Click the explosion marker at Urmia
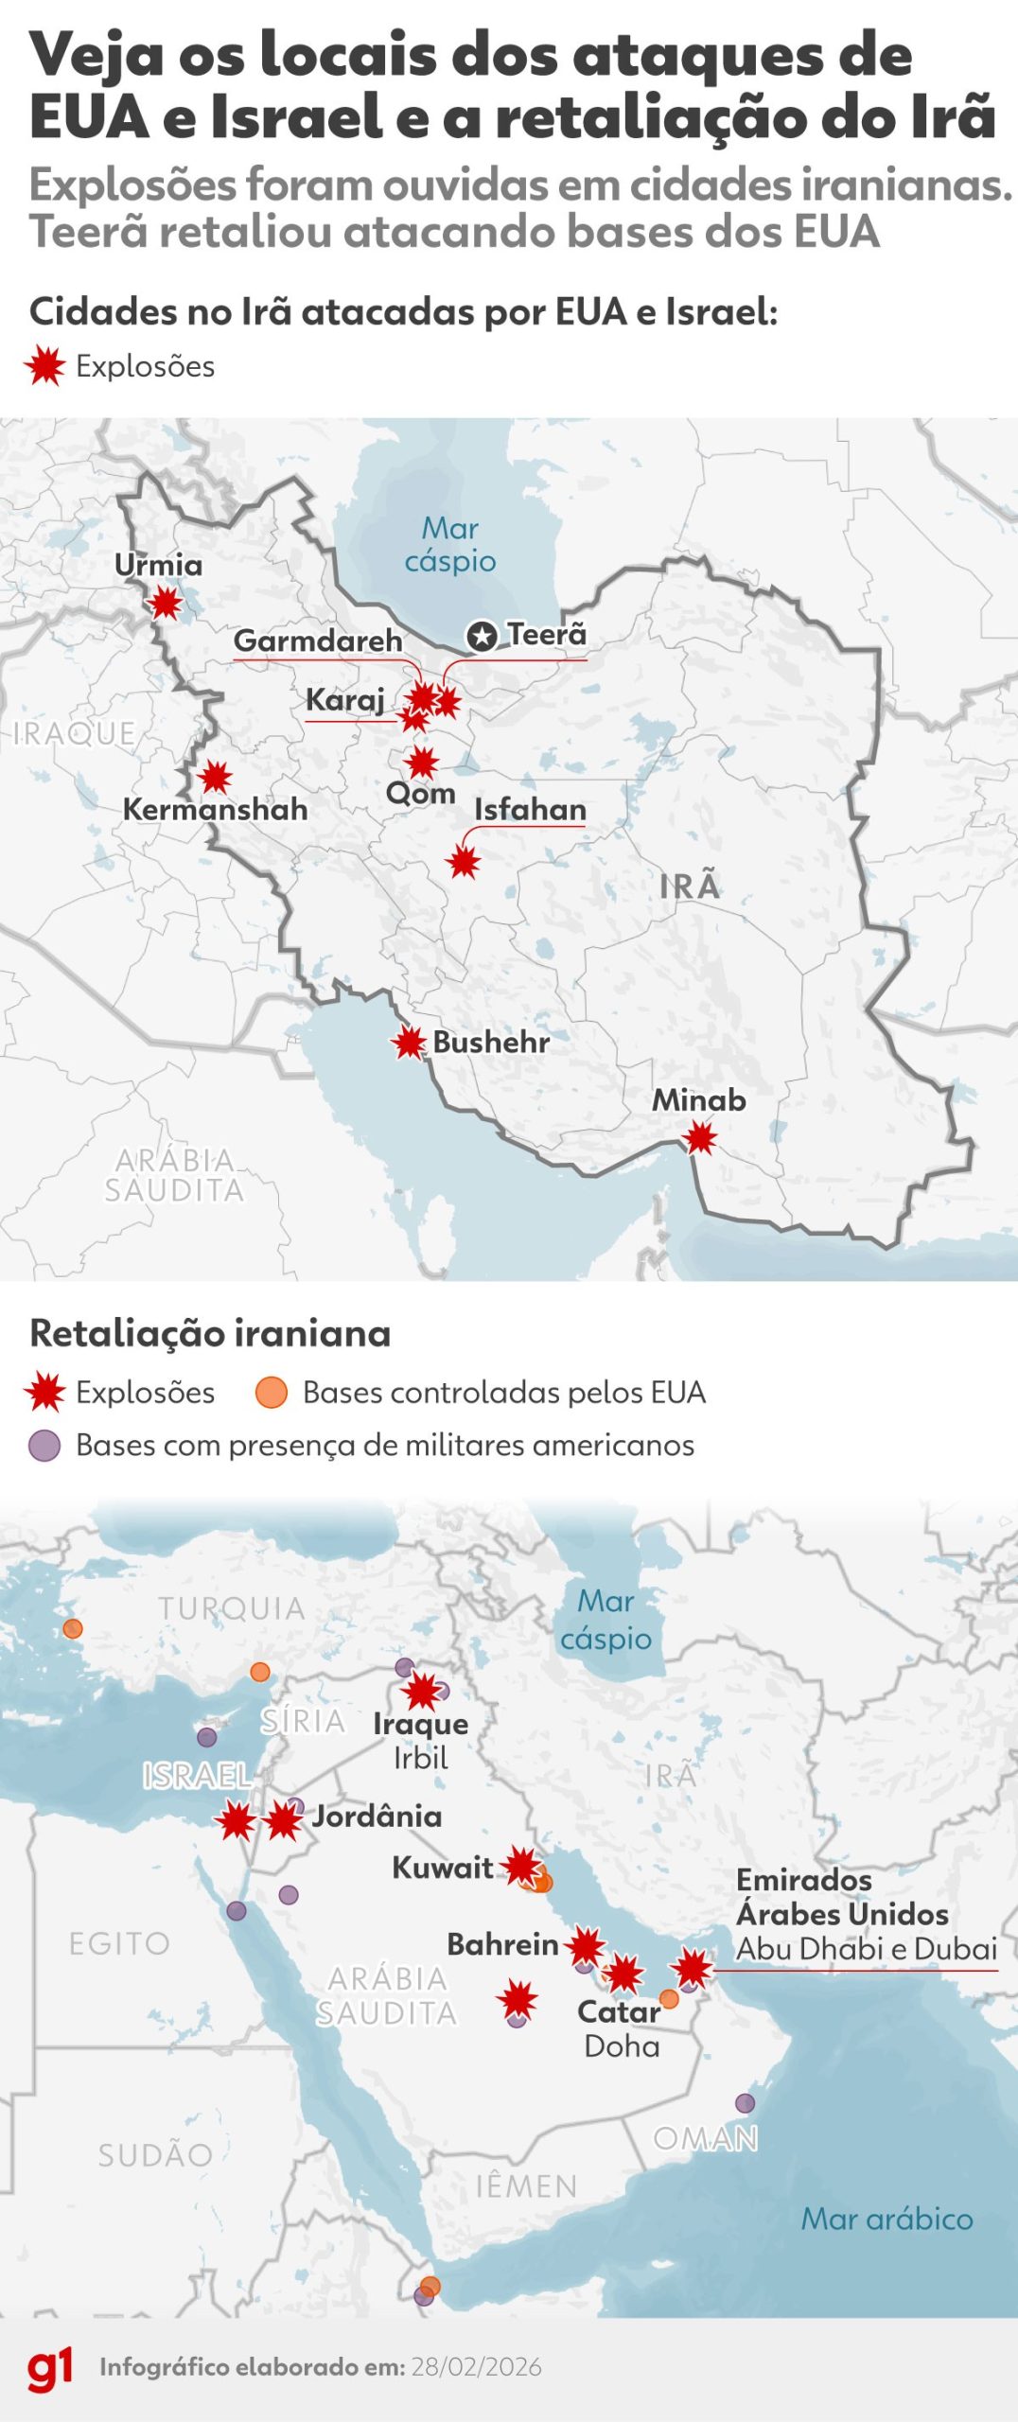[x=166, y=603]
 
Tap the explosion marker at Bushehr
[x=410, y=1043]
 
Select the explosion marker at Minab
[x=700, y=1138]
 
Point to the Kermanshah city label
[x=216, y=810]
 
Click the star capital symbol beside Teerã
[x=483, y=636]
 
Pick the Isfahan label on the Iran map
[x=530, y=810]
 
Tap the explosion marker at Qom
[x=422, y=762]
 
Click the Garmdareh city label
[x=318, y=641]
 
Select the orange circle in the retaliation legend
[x=272, y=1393]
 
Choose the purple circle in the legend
[x=44, y=1446]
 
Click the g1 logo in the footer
[x=50, y=2367]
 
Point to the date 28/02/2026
[x=476, y=2368]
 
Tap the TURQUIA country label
[x=232, y=1608]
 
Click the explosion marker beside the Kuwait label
[x=521, y=1866]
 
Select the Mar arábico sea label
[x=886, y=2219]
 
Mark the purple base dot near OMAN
[x=746, y=2103]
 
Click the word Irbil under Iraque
[x=420, y=1758]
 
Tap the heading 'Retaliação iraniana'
[x=210, y=1333]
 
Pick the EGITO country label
[x=119, y=1943]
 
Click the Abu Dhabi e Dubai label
[x=867, y=1949]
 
